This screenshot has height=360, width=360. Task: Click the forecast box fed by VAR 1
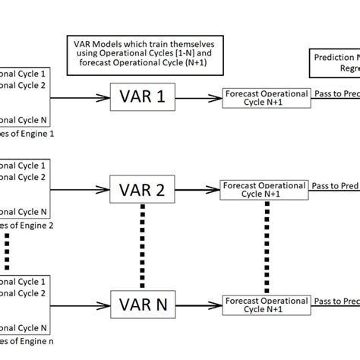point(266,98)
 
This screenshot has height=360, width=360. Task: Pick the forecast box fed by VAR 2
point(264,189)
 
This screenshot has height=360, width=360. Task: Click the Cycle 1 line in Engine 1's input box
point(24,74)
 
